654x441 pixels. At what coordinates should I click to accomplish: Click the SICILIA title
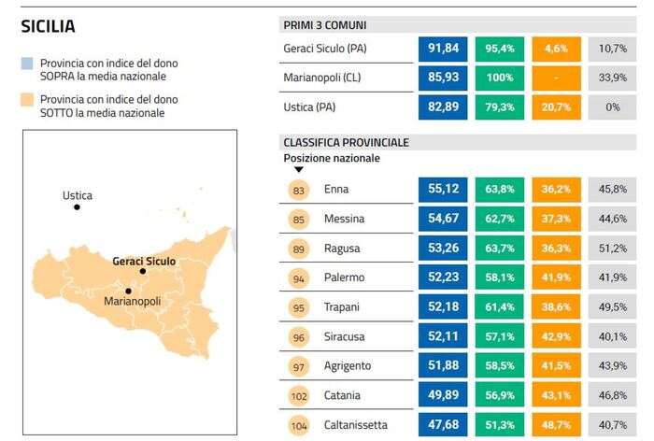point(48,27)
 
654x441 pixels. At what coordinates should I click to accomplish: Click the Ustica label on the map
point(78,196)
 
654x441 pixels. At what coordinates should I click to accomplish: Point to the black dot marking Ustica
point(77,206)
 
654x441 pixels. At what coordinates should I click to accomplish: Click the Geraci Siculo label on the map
point(143,261)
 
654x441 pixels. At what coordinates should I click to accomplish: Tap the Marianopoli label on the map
point(132,302)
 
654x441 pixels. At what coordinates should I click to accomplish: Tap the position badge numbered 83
point(299,190)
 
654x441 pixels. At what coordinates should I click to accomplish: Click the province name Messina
point(345,219)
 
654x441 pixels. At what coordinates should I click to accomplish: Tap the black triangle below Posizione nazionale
point(298,170)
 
